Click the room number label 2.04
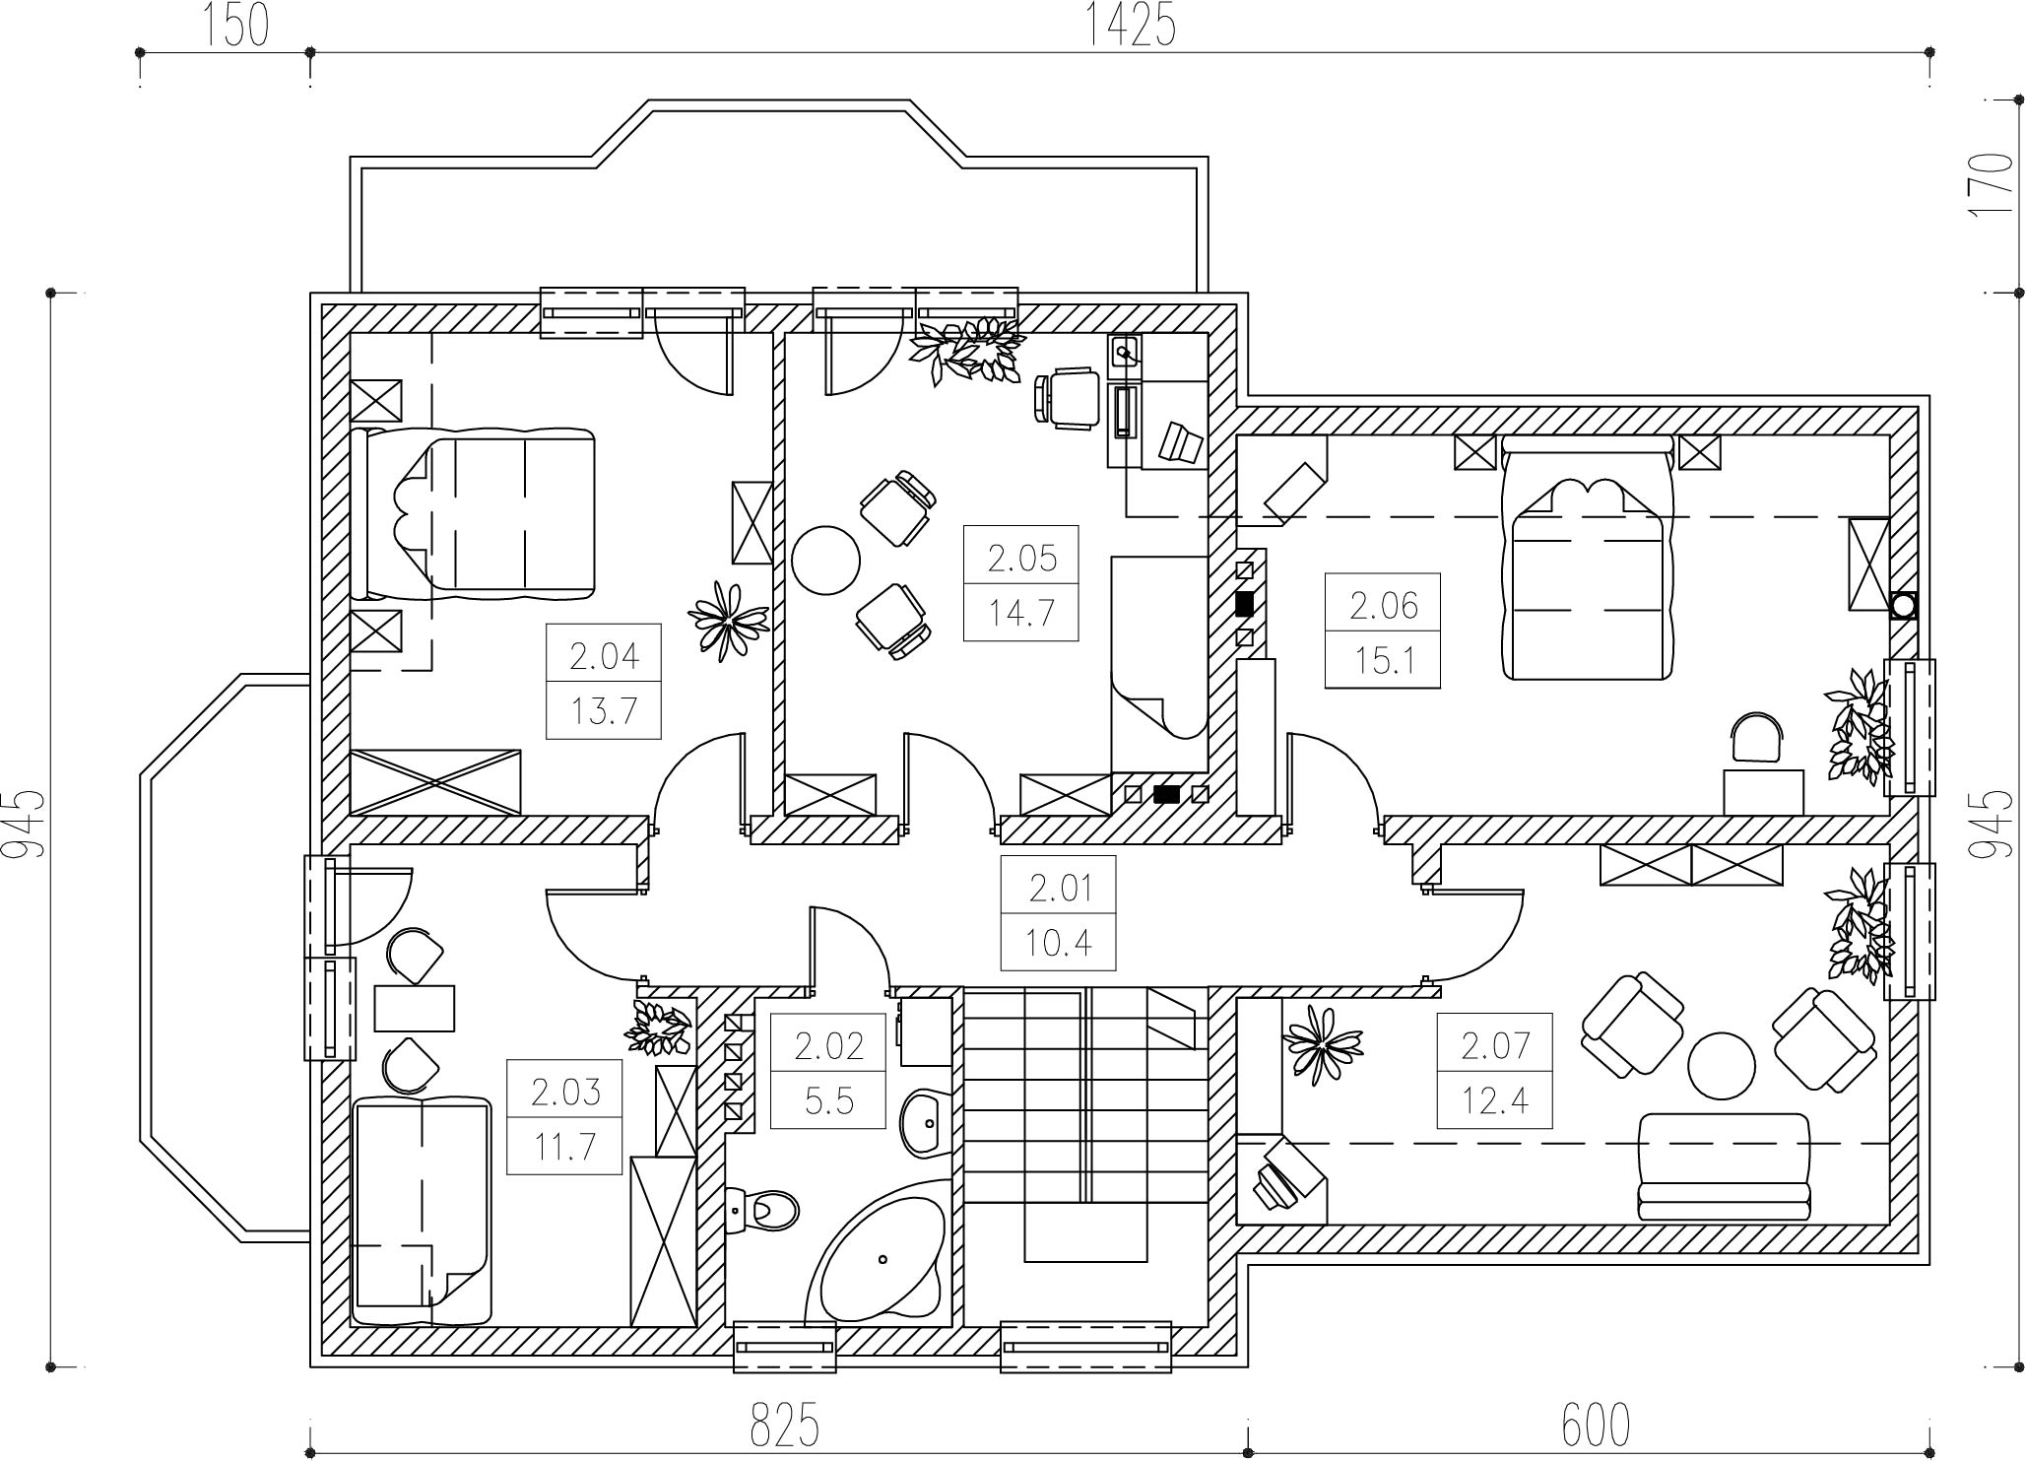point(604,655)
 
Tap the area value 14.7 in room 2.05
point(1021,613)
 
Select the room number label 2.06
point(1383,605)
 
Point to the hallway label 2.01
point(1060,889)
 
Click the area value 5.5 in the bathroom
point(829,1099)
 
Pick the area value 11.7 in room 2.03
point(564,1147)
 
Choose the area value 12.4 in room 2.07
point(1494,1099)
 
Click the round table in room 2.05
point(826,560)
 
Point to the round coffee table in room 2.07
point(1722,1065)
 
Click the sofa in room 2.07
point(1725,1166)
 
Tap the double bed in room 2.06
point(1588,559)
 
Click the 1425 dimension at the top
point(1131,26)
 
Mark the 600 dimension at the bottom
point(1597,1425)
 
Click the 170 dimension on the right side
point(1993,184)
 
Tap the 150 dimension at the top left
point(236,26)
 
